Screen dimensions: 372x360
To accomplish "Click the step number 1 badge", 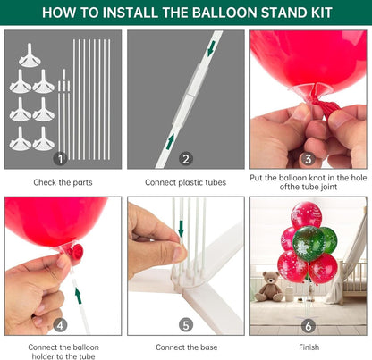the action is coord(60,159).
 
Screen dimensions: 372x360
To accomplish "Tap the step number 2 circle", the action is coord(186,159).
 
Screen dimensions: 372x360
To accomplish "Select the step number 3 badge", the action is coord(309,159).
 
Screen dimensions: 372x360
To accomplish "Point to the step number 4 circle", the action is coord(60,325).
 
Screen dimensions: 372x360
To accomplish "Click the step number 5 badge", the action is coord(186,325).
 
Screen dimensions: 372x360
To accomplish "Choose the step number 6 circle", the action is coord(309,326).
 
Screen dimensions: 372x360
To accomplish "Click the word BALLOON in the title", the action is coord(224,13).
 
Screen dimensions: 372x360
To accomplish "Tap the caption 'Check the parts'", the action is coord(63,182).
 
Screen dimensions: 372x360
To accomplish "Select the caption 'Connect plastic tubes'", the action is coord(186,182).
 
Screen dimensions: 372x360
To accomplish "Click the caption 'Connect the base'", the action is coord(186,347).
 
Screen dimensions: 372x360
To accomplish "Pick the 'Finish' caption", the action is coord(309,347).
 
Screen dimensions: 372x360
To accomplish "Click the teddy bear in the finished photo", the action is coord(269,286).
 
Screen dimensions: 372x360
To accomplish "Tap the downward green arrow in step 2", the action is coord(211,48).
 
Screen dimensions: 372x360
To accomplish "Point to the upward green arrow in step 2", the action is coord(170,141).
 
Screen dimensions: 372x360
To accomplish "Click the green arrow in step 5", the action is coord(181,229).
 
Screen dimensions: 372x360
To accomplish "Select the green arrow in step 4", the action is coord(78,296).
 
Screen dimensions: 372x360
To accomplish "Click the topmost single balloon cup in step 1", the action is coord(30,55).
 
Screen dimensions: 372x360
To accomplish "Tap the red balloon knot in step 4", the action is coord(76,252).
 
